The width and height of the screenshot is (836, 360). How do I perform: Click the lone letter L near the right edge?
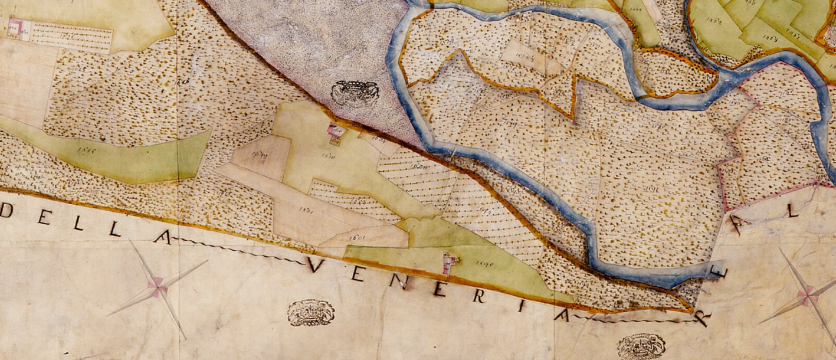792,211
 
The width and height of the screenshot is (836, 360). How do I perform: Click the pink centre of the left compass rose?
158,288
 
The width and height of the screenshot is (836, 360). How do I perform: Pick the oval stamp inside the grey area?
355,93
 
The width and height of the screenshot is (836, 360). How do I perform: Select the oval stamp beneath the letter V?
310,313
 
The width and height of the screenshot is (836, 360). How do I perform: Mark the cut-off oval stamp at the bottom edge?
641,346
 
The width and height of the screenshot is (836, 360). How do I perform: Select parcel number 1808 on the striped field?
421,168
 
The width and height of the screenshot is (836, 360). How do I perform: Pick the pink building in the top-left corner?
17,28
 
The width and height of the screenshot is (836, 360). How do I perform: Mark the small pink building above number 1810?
336,132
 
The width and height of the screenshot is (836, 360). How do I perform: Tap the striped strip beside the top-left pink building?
71,37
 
